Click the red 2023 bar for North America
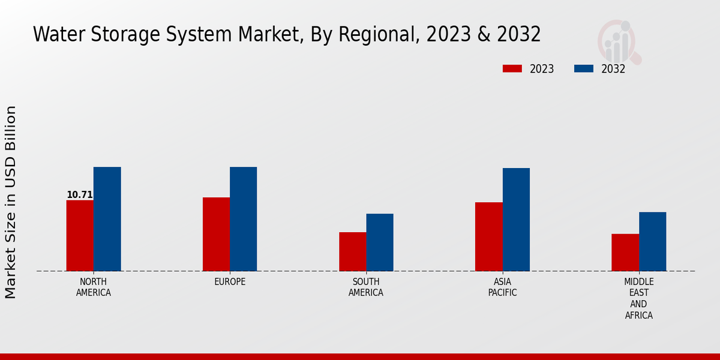[x=80, y=235]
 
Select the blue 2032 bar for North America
[x=107, y=219]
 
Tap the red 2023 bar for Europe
[x=216, y=234]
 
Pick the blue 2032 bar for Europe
[x=243, y=219]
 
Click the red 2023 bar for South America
[x=352, y=251]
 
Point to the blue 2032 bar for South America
[x=380, y=242]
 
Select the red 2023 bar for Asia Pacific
[x=488, y=236]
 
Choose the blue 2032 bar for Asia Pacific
[x=516, y=220]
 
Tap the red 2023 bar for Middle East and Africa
[x=625, y=252]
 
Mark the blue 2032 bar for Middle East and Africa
[x=652, y=241]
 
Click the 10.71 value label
[x=80, y=195]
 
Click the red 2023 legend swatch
[x=512, y=69]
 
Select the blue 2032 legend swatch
[x=583, y=69]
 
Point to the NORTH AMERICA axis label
[x=94, y=287]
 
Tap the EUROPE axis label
[x=230, y=282]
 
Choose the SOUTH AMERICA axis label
[x=366, y=287]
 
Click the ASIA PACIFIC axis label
[x=502, y=287]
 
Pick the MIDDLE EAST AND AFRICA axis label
[x=638, y=298]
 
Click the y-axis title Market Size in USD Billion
[x=11, y=202]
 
